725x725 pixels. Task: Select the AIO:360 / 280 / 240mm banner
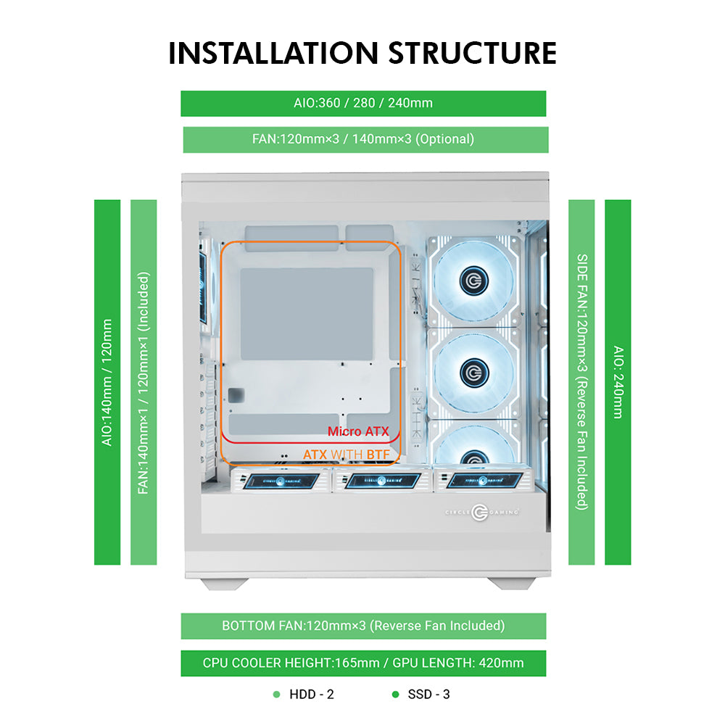click(362, 103)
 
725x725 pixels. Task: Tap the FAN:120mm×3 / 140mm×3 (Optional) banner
click(362, 139)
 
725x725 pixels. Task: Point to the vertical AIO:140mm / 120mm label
click(107, 382)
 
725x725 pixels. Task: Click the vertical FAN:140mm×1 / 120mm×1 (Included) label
click(144, 382)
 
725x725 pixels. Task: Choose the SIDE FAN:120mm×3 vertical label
click(581, 382)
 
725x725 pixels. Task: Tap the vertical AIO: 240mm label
click(618, 382)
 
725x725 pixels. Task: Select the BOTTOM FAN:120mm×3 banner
click(362, 626)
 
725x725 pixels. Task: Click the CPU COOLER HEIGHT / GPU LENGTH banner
click(362, 663)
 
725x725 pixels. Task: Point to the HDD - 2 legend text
click(311, 695)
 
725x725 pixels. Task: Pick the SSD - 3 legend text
click(428, 695)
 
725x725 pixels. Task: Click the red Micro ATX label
click(357, 431)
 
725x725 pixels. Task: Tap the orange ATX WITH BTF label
click(346, 455)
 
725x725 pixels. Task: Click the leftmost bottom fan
click(278, 481)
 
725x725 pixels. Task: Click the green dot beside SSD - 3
click(395, 695)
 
